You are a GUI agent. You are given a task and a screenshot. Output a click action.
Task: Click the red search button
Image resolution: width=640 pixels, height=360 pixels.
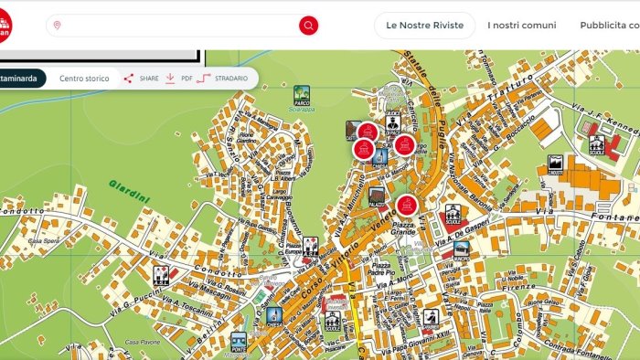pyautogui.click(x=309, y=26)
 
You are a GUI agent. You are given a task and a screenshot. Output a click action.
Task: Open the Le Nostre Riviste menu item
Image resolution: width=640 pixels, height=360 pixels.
pyautogui.click(x=424, y=26)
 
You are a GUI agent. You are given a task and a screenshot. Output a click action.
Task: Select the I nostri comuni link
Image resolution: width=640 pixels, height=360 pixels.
pyautogui.click(x=521, y=26)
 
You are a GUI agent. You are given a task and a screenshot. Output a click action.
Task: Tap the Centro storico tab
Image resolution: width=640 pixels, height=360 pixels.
pyautogui.click(x=84, y=79)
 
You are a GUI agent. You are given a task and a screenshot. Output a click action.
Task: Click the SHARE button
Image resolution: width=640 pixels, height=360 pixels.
pyautogui.click(x=142, y=79)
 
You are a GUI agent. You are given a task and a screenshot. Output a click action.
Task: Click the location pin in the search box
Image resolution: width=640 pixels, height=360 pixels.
pyautogui.click(x=58, y=26)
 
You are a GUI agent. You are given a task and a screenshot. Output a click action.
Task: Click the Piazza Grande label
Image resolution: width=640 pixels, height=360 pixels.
pyautogui.click(x=403, y=228)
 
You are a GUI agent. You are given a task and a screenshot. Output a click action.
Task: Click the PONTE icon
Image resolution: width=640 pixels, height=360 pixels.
pyautogui.click(x=239, y=343)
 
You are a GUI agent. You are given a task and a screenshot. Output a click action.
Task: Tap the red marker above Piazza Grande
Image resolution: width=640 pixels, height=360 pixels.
pyautogui.click(x=407, y=205)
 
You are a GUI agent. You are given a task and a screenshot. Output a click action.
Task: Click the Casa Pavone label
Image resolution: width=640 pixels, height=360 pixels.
pyautogui.click(x=144, y=342)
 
